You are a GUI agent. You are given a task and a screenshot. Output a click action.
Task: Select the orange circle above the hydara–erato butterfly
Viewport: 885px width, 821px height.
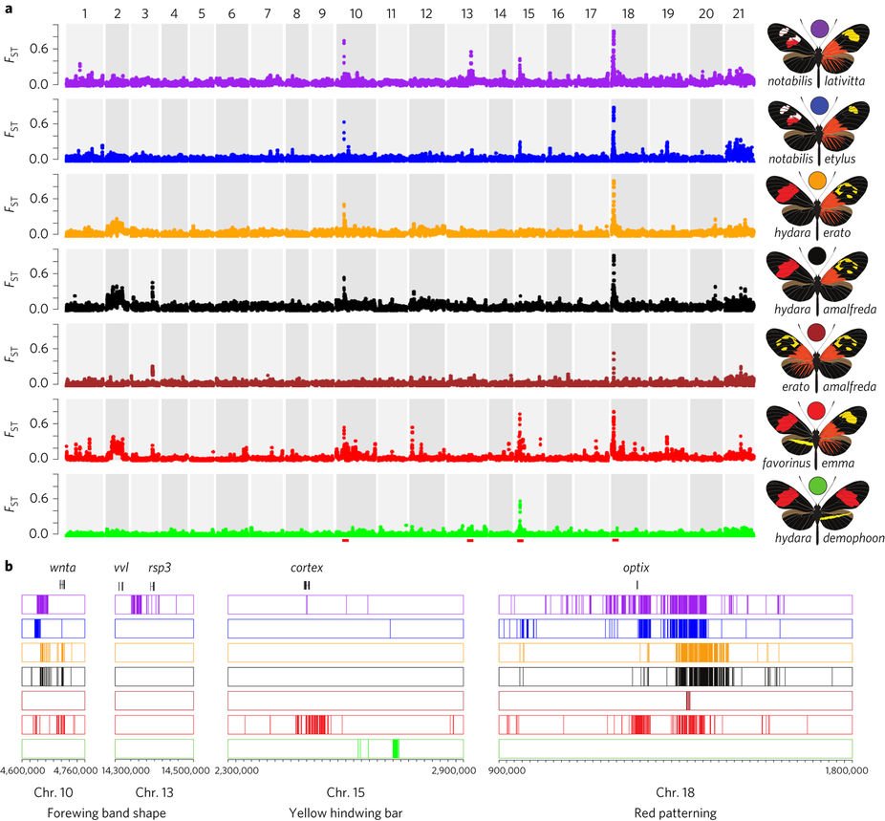pyautogui.click(x=818, y=181)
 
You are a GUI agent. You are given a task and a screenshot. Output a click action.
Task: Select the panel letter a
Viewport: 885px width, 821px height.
pyautogui.click(x=9, y=9)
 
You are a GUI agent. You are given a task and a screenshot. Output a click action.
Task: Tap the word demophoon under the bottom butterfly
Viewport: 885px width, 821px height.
pyautogui.click(x=848, y=537)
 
